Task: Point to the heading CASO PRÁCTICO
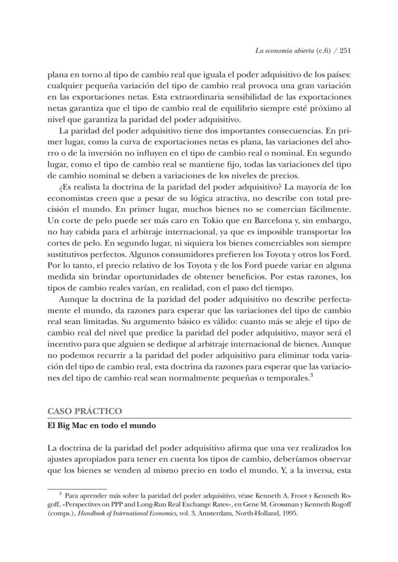[85, 411]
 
